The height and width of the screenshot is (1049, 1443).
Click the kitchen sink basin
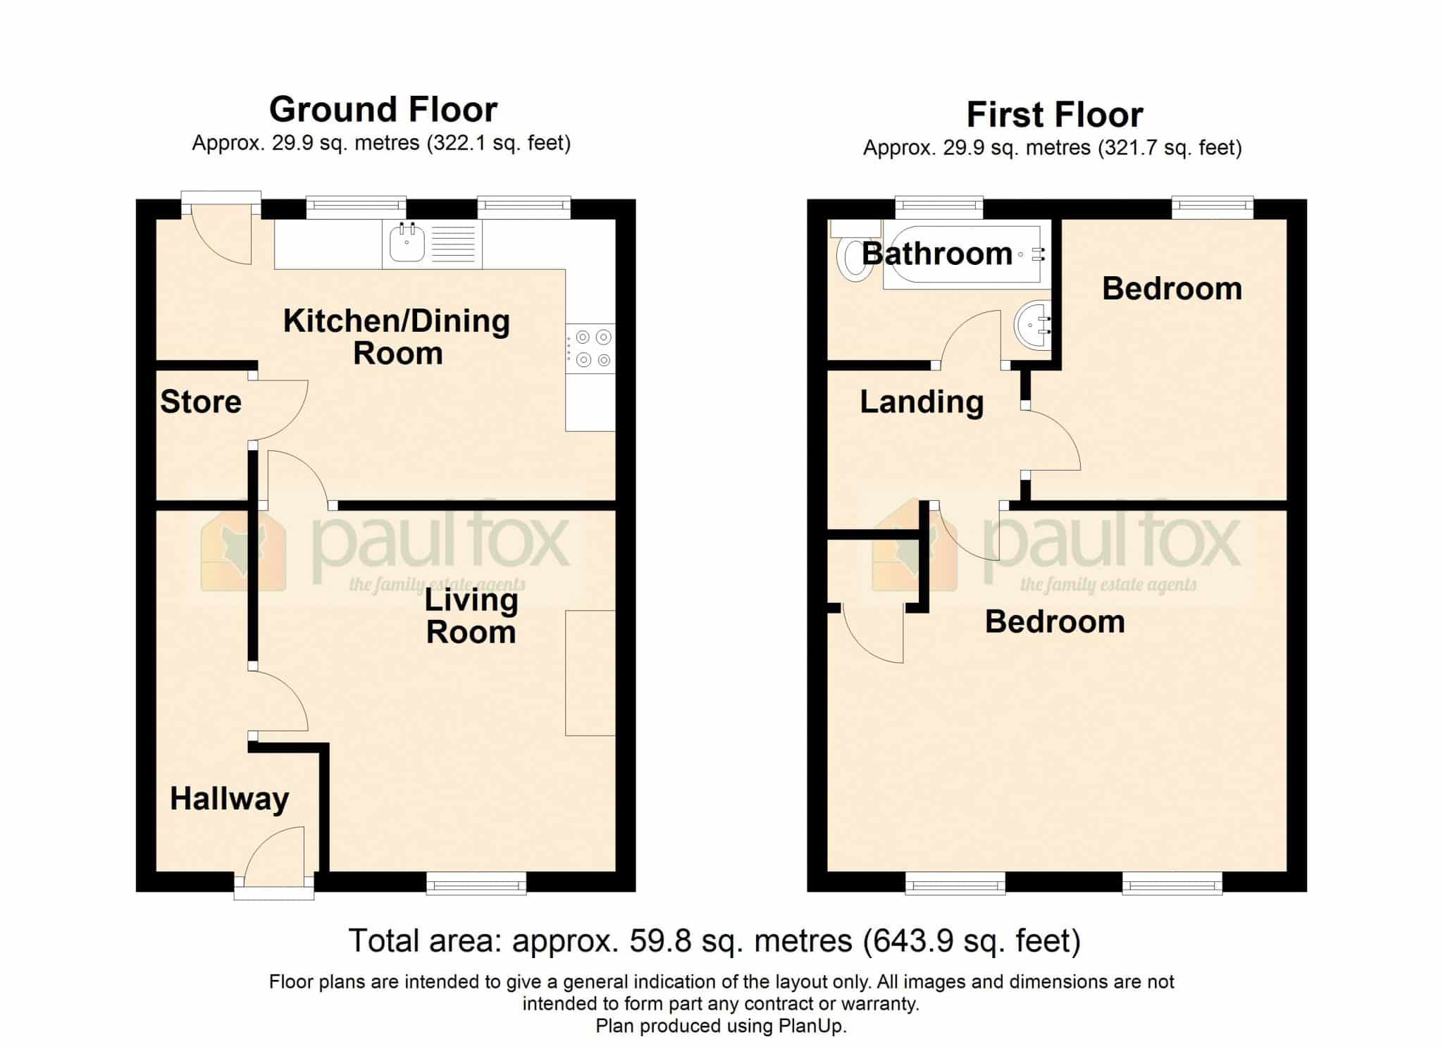[407, 243]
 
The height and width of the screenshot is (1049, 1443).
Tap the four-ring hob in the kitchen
[590, 349]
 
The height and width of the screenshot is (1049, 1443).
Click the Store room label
[201, 402]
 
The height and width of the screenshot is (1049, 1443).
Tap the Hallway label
[230, 800]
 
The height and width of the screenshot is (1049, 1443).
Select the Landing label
[922, 402]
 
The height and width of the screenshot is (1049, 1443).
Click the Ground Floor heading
[383, 110]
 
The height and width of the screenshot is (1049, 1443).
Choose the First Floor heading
[1055, 115]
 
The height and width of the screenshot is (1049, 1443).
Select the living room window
[476, 883]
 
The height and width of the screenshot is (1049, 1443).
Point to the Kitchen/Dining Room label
[397, 337]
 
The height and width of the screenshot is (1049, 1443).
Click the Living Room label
[471, 616]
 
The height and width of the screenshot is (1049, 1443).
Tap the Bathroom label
[937, 254]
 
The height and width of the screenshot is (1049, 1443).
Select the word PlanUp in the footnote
[811, 1026]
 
